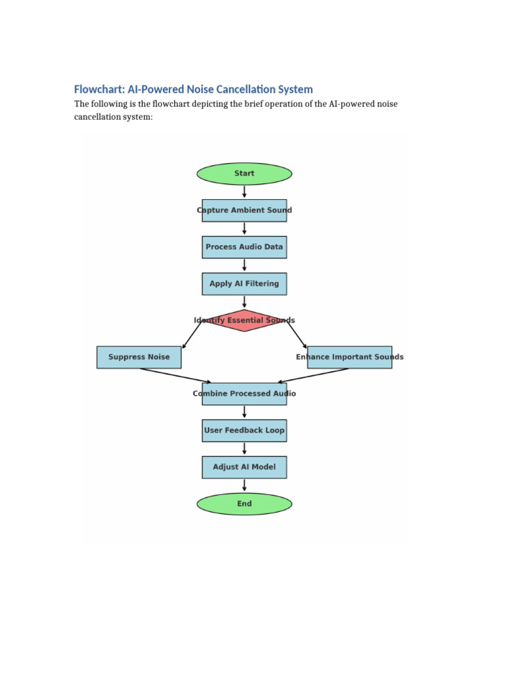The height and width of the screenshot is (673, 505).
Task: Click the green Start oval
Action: pyautogui.click(x=244, y=174)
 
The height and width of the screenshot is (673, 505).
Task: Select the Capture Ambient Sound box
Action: pyautogui.click(x=244, y=210)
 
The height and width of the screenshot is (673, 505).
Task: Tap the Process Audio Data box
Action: pyautogui.click(x=244, y=247)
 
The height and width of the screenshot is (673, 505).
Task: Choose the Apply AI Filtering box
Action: pyautogui.click(x=244, y=284)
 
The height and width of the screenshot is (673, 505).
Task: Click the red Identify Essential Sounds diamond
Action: pyautogui.click(x=244, y=321)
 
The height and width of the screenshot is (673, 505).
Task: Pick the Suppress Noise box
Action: pyautogui.click(x=139, y=357)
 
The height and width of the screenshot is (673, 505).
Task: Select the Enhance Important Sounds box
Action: pyautogui.click(x=349, y=357)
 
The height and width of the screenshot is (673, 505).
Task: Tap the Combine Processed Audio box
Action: pyautogui.click(x=244, y=394)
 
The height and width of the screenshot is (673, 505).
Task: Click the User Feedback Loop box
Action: pyautogui.click(x=244, y=430)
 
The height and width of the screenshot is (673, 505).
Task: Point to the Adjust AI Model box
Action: pyautogui.click(x=244, y=467)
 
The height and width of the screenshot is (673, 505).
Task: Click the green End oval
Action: pyautogui.click(x=244, y=504)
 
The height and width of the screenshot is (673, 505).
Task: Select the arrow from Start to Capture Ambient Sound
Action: pyautogui.click(x=245, y=192)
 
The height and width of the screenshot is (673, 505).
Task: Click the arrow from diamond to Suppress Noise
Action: pyautogui.click(x=191, y=335)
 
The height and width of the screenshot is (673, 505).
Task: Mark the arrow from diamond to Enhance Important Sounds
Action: pyautogui.click(x=297, y=335)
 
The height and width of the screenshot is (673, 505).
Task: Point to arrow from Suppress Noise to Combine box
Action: pyautogui.click(x=176, y=375)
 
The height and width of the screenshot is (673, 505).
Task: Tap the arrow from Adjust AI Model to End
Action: pyautogui.click(x=245, y=486)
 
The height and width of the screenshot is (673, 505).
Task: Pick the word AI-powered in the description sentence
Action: pyautogui.click(x=350, y=104)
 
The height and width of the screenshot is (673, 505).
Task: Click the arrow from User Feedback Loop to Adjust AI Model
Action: pyautogui.click(x=245, y=449)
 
